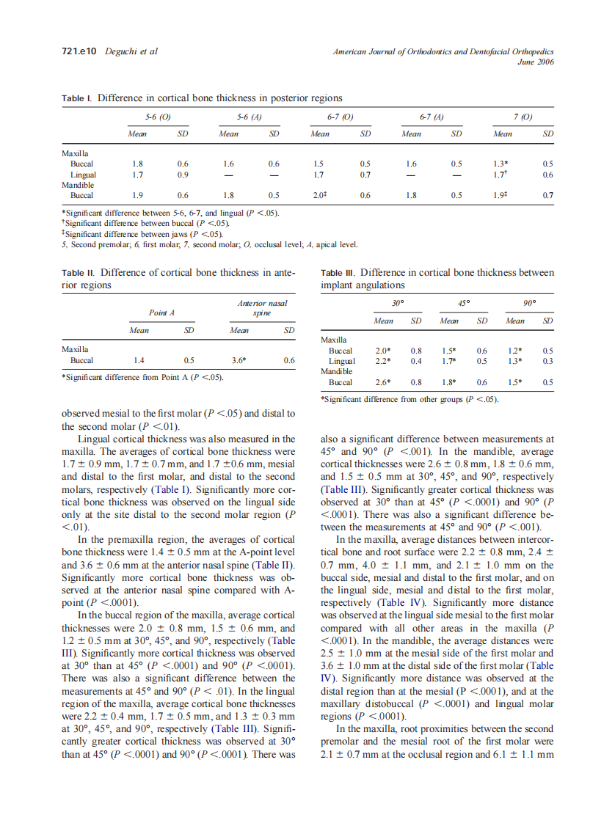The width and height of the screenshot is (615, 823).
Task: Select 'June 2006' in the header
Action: pos(536,62)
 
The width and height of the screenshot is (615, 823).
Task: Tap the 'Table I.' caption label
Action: pos(78,98)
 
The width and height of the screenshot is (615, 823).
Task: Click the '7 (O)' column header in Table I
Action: pos(523,117)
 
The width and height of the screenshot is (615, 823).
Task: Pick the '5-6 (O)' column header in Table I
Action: pos(159,117)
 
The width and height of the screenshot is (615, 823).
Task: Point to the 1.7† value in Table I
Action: pos(503,175)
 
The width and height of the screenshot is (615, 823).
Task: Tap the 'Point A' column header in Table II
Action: pos(161,312)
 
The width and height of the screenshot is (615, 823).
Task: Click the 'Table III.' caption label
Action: pos(339,273)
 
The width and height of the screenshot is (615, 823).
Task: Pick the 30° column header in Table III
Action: pos(399,301)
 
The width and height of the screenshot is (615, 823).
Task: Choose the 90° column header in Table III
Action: pos(529,301)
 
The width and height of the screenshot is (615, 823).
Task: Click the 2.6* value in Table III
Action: pos(383,382)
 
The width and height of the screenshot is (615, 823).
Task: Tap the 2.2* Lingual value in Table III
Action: pos(383,361)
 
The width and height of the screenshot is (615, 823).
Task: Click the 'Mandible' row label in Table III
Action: pos(337,371)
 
